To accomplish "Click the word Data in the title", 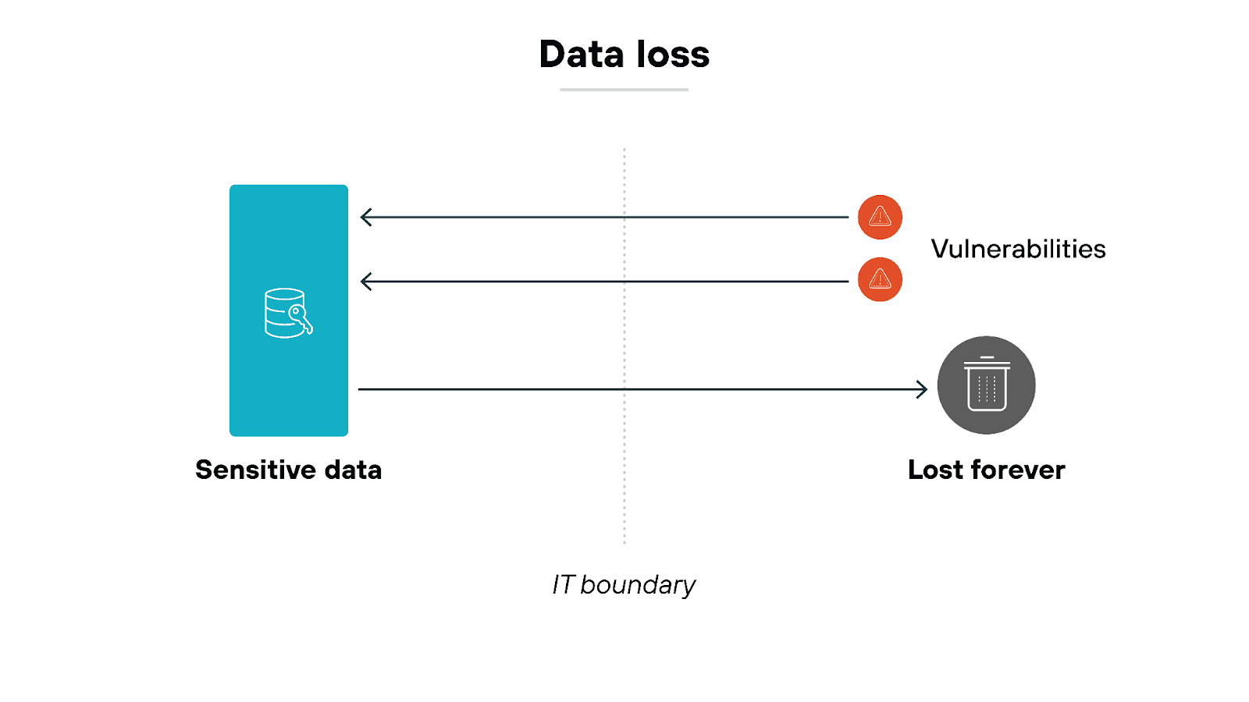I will (x=581, y=55).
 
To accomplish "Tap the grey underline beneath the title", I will (x=624, y=90).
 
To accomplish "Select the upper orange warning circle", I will (x=880, y=217).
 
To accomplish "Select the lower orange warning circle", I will (x=880, y=279).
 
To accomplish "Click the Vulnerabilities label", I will (x=1018, y=249).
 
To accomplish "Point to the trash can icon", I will (x=987, y=385).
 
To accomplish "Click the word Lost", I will (x=935, y=470).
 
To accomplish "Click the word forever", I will (x=1018, y=470).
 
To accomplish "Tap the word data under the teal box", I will (x=353, y=470).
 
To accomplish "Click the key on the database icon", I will (x=301, y=319).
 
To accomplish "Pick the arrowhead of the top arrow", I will (x=365, y=217).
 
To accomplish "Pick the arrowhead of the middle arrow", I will (x=365, y=282).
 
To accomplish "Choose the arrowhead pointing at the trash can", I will (x=923, y=388).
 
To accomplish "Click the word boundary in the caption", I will (x=638, y=585).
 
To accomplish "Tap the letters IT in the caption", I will (x=563, y=585).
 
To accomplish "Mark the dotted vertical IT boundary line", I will (x=624, y=484).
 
